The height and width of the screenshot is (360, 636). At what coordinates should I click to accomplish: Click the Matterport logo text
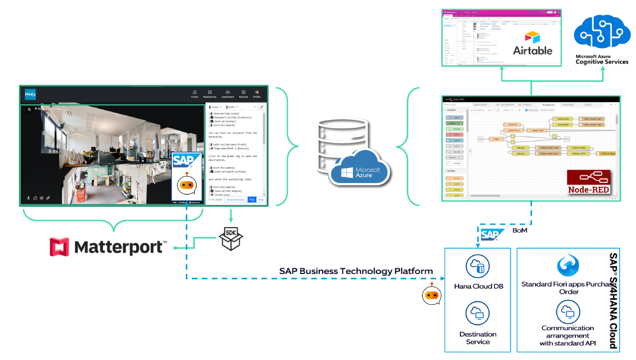point(119,247)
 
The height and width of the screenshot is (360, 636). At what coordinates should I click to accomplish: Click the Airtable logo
point(533,44)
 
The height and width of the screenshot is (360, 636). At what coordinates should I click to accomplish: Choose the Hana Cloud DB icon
point(478,267)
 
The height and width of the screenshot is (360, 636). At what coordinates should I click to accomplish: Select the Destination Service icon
point(478,313)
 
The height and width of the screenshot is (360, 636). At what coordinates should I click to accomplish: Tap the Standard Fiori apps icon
point(568,266)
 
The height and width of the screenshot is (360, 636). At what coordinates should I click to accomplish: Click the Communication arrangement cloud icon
point(568,312)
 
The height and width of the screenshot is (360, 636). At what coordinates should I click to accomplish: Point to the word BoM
point(520,231)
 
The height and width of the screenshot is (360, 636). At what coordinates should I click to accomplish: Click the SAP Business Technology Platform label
point(356,271)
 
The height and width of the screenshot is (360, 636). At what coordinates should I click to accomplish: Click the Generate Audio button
point(236,199)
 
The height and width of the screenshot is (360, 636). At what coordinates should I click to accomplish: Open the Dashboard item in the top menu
point(228,94)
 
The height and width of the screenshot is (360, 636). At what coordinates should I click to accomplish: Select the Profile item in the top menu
point(257,94)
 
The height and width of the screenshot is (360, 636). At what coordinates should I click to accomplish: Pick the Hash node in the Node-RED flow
point(496,139)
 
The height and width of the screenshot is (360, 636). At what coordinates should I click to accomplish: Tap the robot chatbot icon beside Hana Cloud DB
point(431,295)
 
